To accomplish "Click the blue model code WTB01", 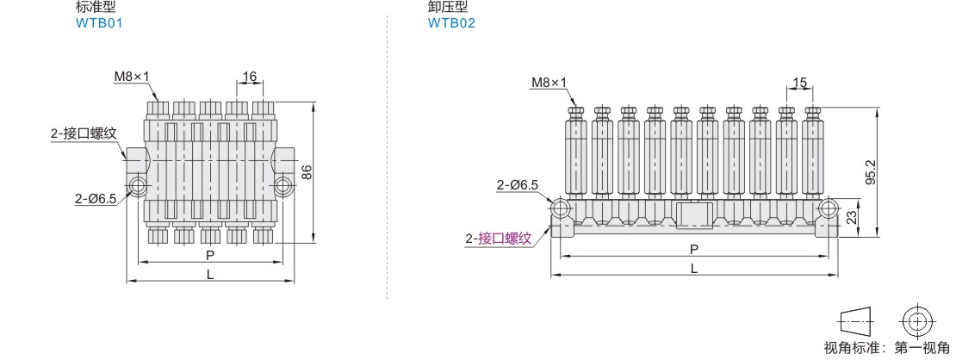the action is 99,24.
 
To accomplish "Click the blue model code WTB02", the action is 451,24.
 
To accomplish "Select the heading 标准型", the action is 95,8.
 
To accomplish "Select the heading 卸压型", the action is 448,8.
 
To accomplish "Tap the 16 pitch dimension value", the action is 250,77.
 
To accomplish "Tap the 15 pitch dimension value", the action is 799,83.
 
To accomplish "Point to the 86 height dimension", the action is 307,171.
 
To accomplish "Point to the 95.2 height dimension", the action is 871,172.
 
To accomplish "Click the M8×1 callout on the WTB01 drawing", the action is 131,77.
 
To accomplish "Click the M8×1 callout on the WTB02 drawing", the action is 549,82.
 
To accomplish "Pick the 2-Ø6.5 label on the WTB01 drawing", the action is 95,198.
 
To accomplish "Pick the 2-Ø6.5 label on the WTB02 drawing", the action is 518,185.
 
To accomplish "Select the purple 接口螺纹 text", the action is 505,239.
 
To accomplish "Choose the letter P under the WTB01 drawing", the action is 210,255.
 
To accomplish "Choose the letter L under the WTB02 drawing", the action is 694,268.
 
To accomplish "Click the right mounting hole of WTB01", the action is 282,186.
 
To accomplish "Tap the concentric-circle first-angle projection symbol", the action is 916,320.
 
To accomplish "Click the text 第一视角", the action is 922,348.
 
